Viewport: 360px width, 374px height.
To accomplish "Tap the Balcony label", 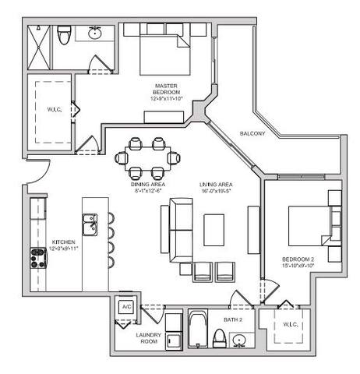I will click(x=252, y=133).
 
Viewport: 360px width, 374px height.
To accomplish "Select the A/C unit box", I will click(x=126, y=307).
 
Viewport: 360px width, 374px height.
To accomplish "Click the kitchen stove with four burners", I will click(x=37, y=256).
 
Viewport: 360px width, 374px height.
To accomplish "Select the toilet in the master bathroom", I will click(x=65, y=34).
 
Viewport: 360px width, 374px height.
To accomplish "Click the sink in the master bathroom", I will click(x=97, y=33).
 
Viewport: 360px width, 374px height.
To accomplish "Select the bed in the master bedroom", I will click(x=164, y=51).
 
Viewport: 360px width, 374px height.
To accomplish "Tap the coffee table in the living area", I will click(x=214, y=229).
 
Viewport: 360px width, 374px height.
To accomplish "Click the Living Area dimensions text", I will click(x=217, y=190).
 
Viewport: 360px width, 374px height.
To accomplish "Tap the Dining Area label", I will click(x=147, y=184).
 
